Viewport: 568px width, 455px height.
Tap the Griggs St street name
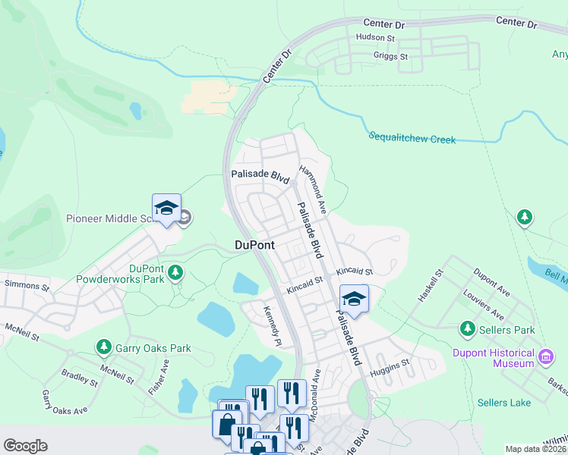pos(390,56)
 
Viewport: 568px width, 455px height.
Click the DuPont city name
pos(254,245)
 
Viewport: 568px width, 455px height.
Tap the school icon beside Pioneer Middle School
pos(166,209)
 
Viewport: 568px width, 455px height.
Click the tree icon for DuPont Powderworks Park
pos(175,271)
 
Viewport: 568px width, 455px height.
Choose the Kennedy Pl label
pos(272,325)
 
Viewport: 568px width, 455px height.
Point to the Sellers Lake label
pos(504,402)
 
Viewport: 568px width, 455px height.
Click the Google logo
pos(25,446)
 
